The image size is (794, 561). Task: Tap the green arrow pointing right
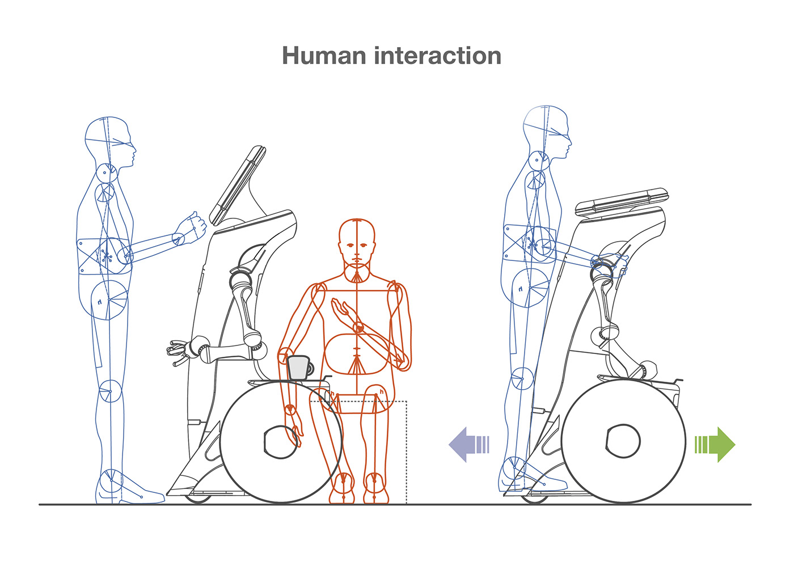tap(716, 444)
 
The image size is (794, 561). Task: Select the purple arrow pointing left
tap(468, 444)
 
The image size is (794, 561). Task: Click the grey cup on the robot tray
tap(299, 368)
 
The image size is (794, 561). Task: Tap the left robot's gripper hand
tap(179, 351)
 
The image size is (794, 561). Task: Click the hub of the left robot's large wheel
tap(281, 441)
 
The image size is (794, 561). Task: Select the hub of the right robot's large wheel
tap(623, 440)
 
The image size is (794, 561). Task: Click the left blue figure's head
tap(109, 141)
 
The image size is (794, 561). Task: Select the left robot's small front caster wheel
tap(198, 499)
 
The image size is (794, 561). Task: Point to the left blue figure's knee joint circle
tap(109, 391)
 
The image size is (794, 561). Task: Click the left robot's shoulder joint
tap(240, 279)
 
